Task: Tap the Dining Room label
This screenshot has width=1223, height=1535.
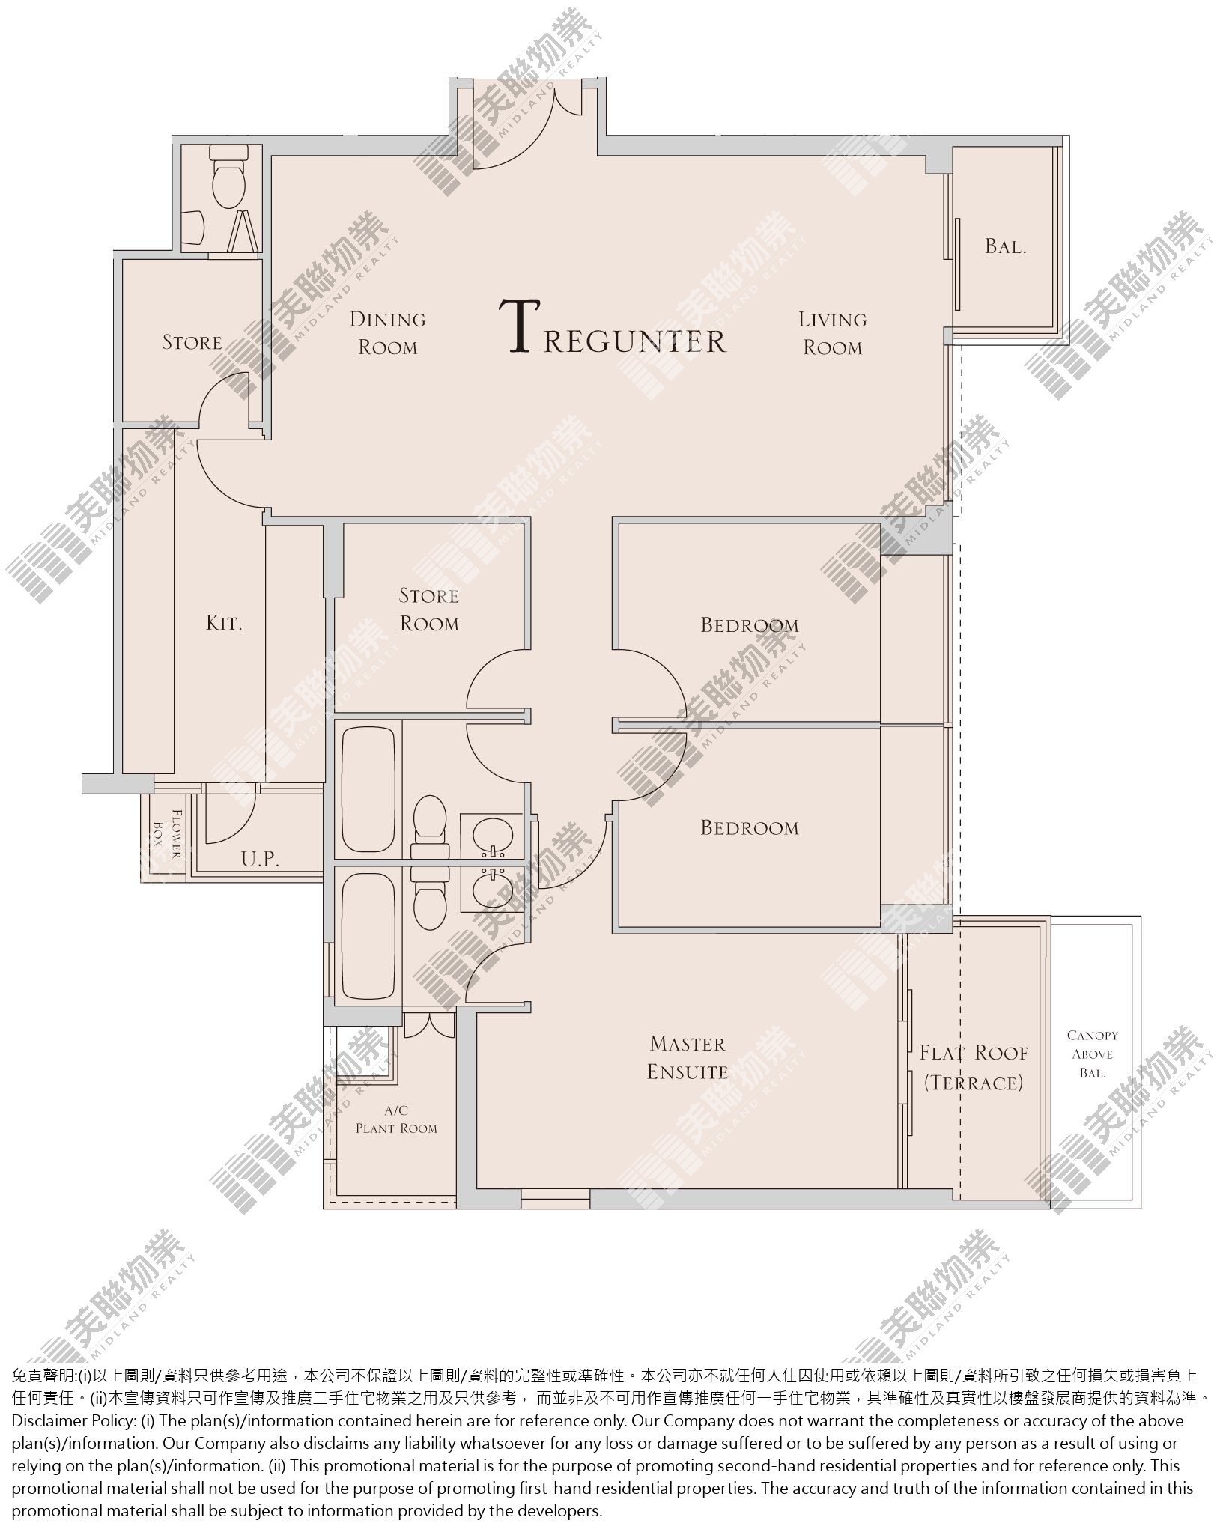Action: pyautogui.click(x=388, y=333)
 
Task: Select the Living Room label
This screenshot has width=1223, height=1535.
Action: pyautogui.click(x=832, y=333)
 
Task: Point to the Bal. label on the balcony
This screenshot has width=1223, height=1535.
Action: pyautogui.click(x=1005, y=246)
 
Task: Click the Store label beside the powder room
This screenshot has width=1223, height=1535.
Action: pyautogui.click(x=192, y=342)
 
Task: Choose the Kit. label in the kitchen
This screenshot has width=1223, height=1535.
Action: pyautogui.click(x=224, y=622)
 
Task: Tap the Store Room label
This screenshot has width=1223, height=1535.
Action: pyautogui.click(x=429, y=610)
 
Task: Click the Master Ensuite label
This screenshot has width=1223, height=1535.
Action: pyautogui.click(x=688, y=1057)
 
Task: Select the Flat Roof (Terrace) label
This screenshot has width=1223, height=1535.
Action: pyautogui.click(x=974, y=1068)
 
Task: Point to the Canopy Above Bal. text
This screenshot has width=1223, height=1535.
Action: pyautogui.click(x=1093, y=1054)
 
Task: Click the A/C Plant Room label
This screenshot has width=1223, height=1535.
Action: pyautogui.click(x=396, y=1119)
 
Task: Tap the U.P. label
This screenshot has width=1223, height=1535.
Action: pyautogui.click(x=261, y=860)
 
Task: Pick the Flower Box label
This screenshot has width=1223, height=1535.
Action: pyautogui.click(x=168, y=833)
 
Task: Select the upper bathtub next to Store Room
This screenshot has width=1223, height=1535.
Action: pyautogui.click(x=368, y=788)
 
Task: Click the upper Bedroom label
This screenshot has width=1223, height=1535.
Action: pyautogui.click(x=750, y=624)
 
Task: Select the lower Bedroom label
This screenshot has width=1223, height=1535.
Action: pyautogui.click(x=750, y=827)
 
